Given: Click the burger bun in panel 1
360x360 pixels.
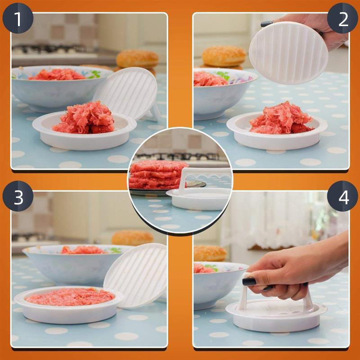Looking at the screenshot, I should tap(137, 59).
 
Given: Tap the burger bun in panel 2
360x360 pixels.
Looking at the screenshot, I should tap(224, 56).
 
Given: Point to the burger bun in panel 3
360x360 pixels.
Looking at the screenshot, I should tap(132, 238).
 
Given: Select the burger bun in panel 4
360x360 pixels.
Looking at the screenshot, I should tap(209, 253).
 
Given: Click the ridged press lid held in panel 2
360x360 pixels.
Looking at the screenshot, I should tap(288, 53).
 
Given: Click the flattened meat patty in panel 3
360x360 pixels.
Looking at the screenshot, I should tap(70, 297).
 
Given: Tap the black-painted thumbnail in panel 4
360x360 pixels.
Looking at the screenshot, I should tap(249, 281).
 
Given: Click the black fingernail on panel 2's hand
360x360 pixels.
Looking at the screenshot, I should tap(266, 23).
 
